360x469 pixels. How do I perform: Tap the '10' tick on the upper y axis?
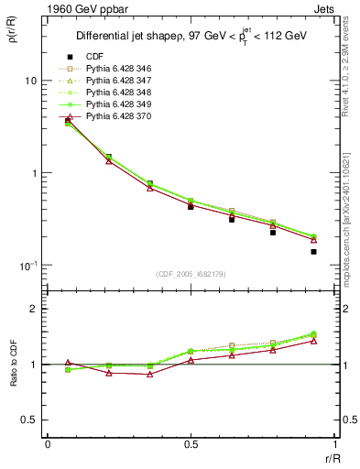click(x=30, y=81)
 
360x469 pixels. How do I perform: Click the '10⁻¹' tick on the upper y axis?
click(x=27, y=266)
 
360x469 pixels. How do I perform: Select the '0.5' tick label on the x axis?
click(x=191, y=444)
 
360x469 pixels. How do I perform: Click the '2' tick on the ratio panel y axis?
click(x=35, y=309)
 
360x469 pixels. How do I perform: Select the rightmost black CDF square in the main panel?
click(x=313, y=251)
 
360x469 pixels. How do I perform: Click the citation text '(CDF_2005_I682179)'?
click(x=191, y=274)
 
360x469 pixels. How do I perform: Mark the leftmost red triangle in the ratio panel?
click(x=68, y=363)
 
